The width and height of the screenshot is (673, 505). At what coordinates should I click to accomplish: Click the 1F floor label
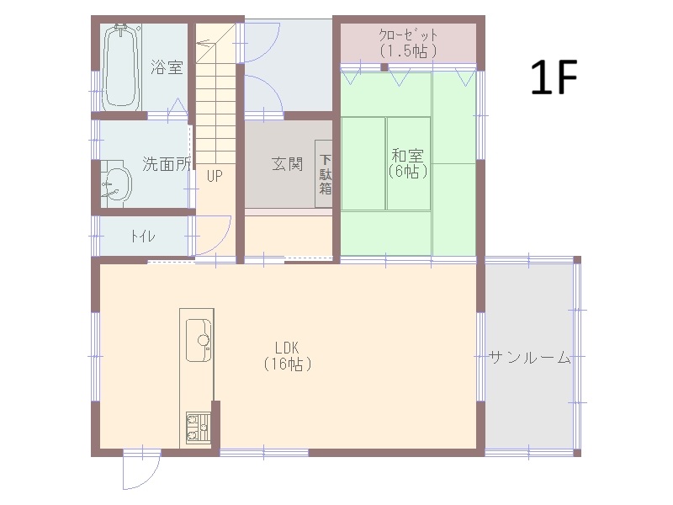554,77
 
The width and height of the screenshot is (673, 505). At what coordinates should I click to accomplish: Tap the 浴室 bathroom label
167,67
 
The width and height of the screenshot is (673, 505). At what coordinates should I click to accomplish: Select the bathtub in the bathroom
121,67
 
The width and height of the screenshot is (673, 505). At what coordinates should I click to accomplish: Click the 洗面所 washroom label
167,163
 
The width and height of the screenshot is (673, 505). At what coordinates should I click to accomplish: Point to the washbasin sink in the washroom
116,183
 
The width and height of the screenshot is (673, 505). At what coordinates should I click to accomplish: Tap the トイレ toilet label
143,237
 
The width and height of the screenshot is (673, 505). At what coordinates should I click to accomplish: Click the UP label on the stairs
215,176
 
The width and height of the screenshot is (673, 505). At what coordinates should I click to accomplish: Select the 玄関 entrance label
288,163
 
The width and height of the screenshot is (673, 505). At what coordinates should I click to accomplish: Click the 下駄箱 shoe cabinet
324,174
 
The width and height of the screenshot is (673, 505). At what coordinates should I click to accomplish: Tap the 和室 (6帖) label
408,163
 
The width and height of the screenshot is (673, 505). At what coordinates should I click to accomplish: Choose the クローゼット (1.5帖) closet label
408,43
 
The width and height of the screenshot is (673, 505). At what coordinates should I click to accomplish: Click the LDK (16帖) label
287,356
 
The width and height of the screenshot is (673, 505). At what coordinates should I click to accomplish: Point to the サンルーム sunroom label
530,357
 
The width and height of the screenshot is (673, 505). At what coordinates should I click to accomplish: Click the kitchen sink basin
199,340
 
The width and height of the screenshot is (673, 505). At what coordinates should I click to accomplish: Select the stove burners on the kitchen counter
198,428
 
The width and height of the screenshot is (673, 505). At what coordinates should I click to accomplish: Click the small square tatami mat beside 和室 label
409,163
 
